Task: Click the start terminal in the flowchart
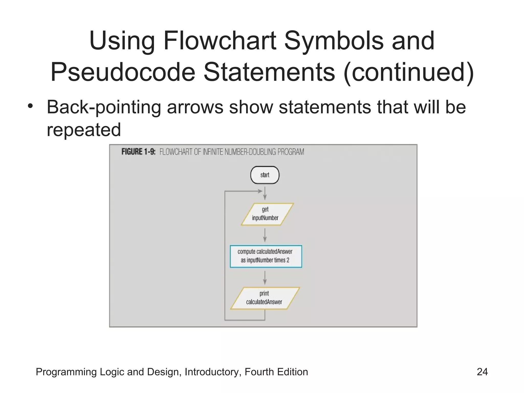tap(265, 175)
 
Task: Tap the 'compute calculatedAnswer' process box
tap(266, 256)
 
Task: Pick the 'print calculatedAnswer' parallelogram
tap(265, 298)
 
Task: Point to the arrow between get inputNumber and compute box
tap(265, 235)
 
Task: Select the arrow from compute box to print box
tap(265, 277)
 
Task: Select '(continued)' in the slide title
tap(409, 72)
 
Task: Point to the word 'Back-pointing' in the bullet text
tap(104, 107)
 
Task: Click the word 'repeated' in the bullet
tap(84, 130)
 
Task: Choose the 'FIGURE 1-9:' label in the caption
tap(138, 152)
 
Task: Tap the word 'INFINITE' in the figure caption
tap(213, 152)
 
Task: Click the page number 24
tap(482, 372)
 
